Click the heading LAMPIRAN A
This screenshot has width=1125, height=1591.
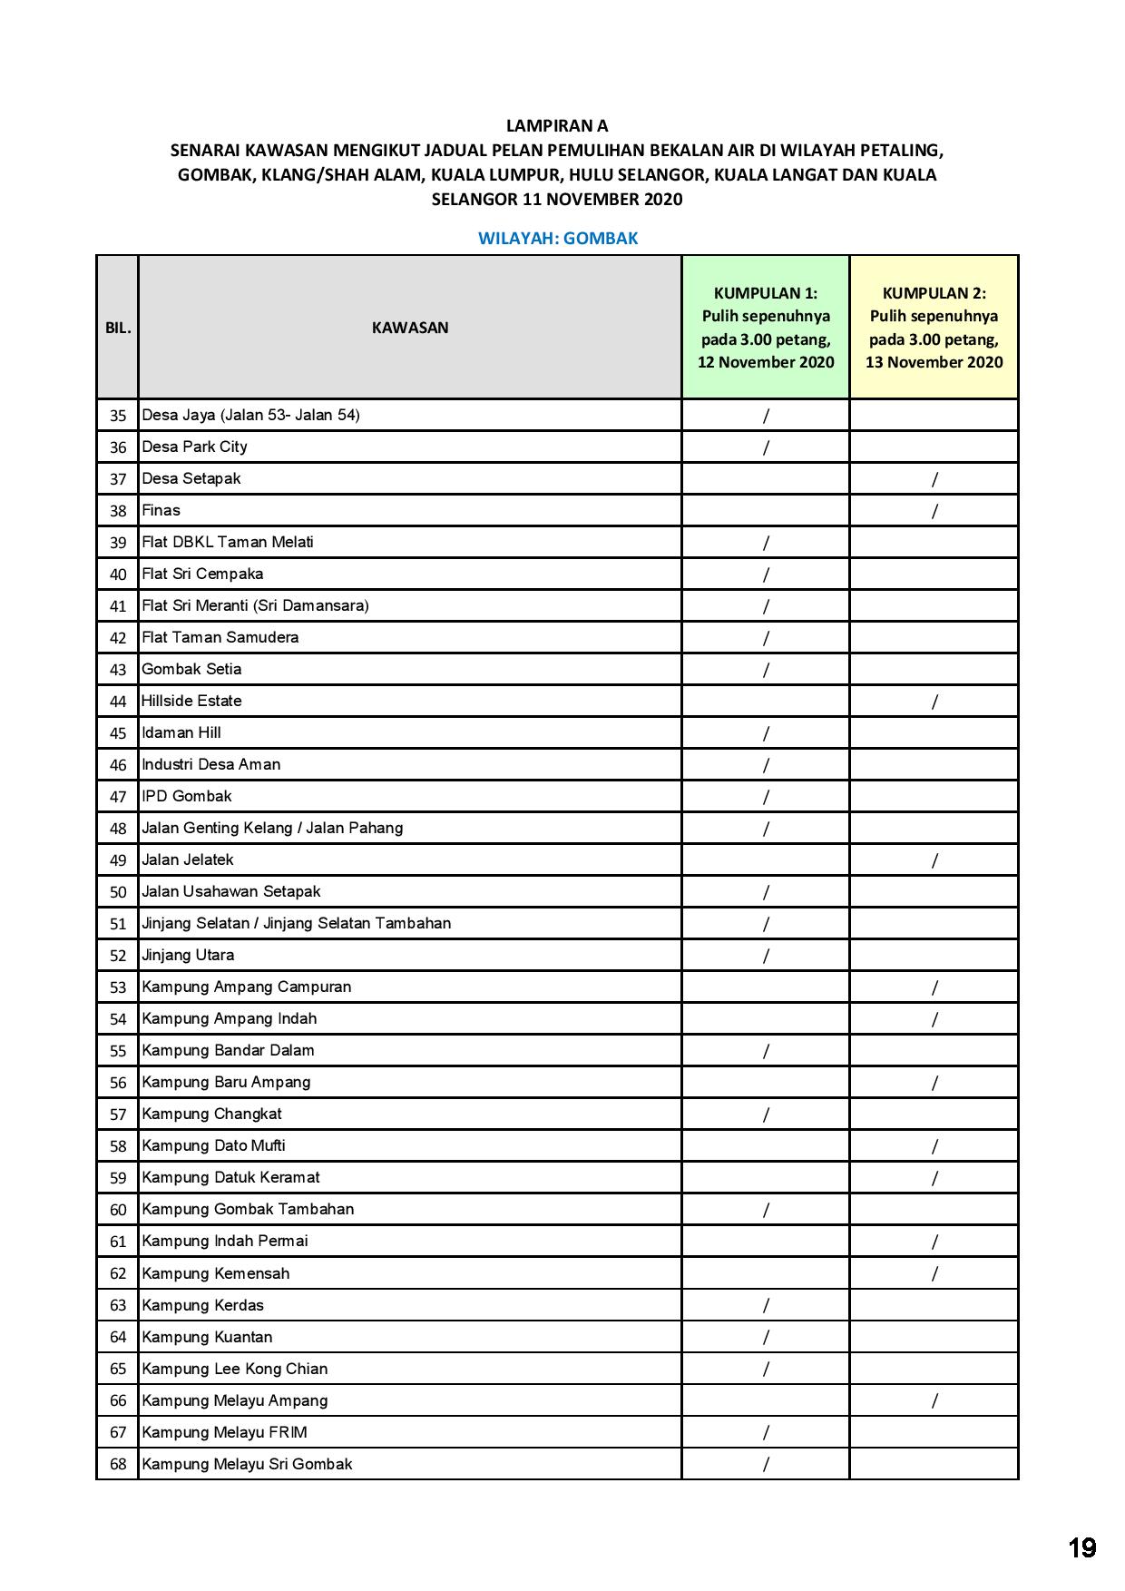tap(557, 126)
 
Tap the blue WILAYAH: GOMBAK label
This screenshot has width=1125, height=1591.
tap(558, 239)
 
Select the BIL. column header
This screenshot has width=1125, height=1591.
tap(118, 328)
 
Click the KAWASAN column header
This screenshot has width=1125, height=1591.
tap(410, 328)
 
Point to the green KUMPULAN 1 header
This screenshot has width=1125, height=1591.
tap(766, 327)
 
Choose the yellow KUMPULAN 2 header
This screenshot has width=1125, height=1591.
tap(934, 327)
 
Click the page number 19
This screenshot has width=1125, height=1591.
tap(1081, 1547)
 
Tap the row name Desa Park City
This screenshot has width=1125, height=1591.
tap(194, 447)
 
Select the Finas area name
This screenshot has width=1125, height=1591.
tap(161, 510)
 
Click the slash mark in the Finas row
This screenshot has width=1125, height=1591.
tap(934, 511)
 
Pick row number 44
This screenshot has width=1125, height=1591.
tap(118, 702)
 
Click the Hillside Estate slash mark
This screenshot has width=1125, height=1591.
tap(934, 702)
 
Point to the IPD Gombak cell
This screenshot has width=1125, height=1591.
tap(187, 796)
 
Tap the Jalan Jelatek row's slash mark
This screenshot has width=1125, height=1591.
tap(934, 860)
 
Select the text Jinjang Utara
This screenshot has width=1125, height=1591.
tap(188, 955)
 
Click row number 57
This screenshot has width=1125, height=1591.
tap(118, 1115)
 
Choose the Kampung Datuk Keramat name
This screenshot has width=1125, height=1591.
tap(230, 1177)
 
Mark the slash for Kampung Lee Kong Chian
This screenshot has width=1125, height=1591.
tap(766, 1369)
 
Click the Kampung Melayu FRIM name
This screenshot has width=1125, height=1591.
tap(224, 1432)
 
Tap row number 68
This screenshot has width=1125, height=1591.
tap(118, 1464)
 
